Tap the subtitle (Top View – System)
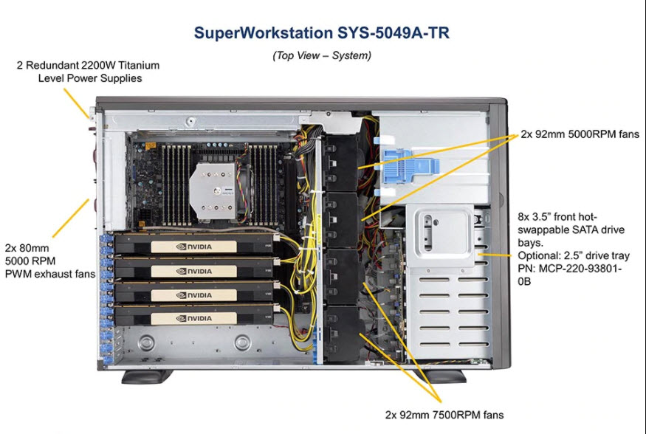tap(321, 55)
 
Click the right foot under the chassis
tap(441, 376)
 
